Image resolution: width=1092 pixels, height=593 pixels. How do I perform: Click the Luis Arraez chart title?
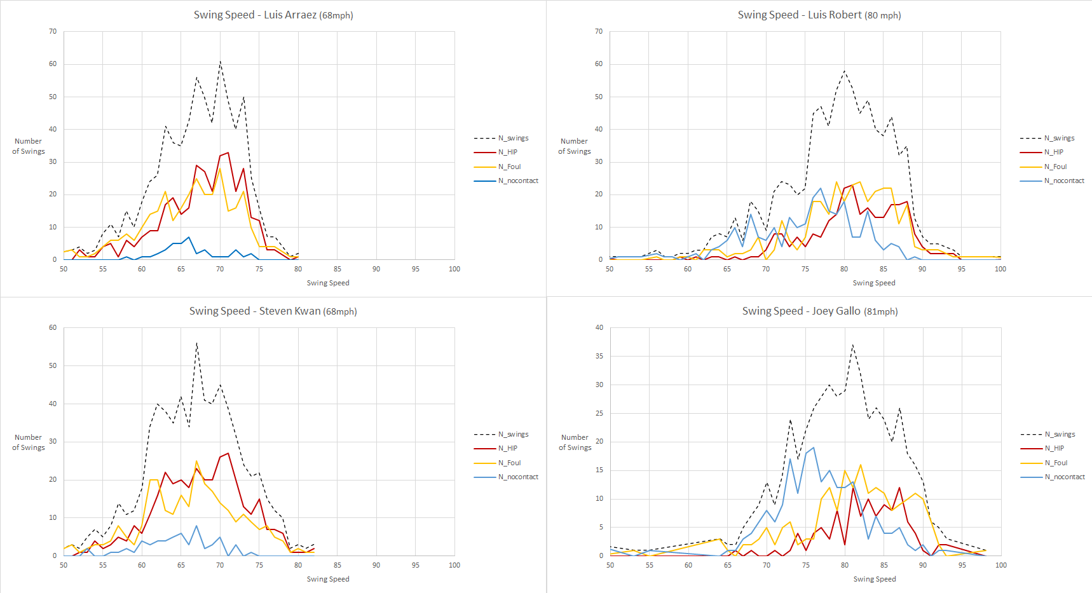[x=273, y=15]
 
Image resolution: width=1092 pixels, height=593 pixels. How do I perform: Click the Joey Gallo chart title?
[x=820, y=311]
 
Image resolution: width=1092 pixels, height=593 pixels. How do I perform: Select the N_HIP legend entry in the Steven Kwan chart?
[x=507, y=448]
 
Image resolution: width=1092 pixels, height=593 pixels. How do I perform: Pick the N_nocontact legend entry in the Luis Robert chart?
[x=1064, y=181]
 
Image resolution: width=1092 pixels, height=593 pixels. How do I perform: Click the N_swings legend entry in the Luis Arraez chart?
[x=513, y=138]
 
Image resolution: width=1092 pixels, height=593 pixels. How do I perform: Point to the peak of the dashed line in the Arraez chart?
[x=220, y=61]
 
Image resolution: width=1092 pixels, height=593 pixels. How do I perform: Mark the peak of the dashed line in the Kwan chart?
[x=196, y=343]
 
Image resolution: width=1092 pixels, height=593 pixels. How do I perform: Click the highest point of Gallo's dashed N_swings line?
[x=852, y=344]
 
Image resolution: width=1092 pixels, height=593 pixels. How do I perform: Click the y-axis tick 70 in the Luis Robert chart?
[x=599, y=31]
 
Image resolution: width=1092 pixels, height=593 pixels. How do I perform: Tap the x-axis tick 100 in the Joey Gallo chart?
[x=1001, y=565]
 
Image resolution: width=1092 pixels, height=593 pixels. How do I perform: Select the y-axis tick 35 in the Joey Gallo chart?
[x=599, y=356]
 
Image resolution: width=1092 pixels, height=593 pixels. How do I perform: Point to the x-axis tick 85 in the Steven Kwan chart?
[x=338, y=565]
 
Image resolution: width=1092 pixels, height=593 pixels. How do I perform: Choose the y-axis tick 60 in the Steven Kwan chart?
[x=53, y=327]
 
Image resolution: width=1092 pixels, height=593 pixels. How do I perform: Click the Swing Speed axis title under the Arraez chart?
[x=328, y=283]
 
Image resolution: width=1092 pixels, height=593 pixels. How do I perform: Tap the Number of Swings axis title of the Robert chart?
[x=575, y=146]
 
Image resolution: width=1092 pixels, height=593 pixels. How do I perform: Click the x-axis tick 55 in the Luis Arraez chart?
[x=103, y=269]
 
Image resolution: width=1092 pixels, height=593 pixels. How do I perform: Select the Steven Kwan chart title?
[x=273, y=311]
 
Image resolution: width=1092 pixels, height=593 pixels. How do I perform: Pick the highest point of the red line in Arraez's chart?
[x=228, y=153]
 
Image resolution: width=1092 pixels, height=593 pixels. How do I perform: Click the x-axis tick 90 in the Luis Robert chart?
[x=922, y=269]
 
